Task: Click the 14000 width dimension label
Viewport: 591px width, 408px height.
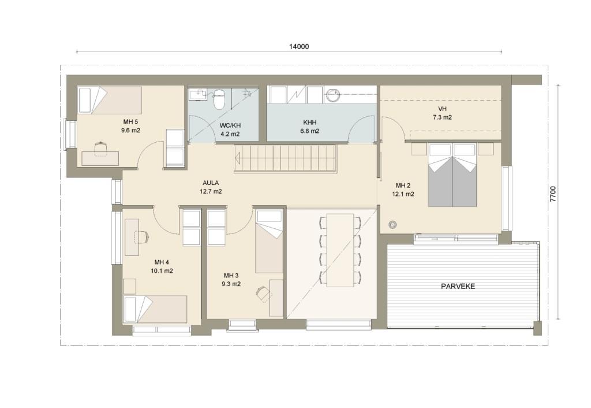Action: pos(299,46)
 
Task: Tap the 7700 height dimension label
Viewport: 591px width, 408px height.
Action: pos(552,194)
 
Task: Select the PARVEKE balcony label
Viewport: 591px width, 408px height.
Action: pos(458,286)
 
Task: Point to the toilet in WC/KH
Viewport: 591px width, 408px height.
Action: pos(219,98)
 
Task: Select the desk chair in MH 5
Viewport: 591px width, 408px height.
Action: pos(100,148)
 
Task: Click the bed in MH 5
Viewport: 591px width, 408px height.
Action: pos(109,100)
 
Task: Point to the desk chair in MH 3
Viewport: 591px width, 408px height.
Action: pos(263,293)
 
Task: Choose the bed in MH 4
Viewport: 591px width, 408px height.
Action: pos(155,309)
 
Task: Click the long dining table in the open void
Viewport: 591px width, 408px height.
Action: pos(340,250)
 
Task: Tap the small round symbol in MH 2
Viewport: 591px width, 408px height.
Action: pos(392,225)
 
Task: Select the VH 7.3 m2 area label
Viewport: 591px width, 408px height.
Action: pos(442,113)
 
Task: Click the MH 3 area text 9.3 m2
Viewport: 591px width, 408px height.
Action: pos(231,284)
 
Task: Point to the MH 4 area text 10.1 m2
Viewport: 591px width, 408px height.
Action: pos(162,270)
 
